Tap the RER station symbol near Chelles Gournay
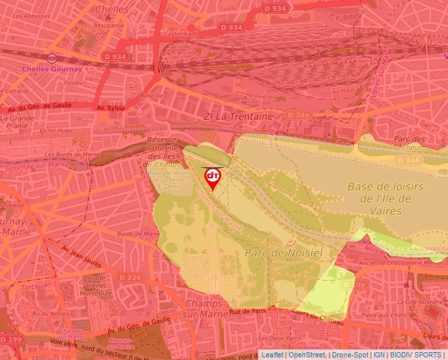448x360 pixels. [52, 58]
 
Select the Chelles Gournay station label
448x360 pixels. [51, 69]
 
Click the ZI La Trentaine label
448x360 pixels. [238, 116]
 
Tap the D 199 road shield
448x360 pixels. [13, 338]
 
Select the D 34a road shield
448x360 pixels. [298, 115]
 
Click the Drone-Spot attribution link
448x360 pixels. [350, 355]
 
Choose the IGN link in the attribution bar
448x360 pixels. [379, 355]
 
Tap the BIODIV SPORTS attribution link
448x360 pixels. [416, 355]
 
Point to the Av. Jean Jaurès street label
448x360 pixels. [82, 257]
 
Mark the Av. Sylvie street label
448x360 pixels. [110, 107]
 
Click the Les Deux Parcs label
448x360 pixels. [284, 338]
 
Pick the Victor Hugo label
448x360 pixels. [55, 130]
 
